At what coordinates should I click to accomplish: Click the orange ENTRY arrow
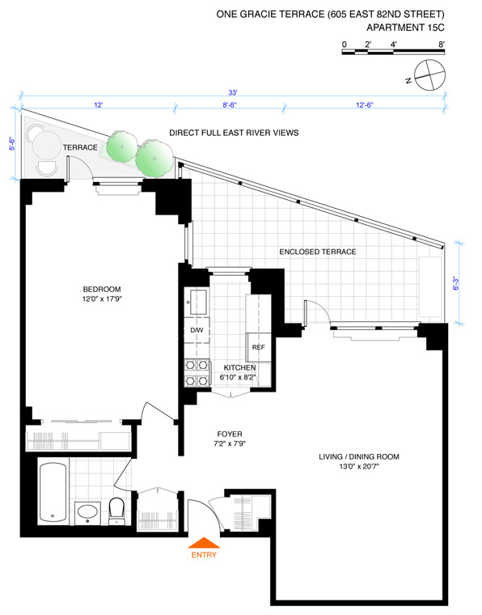204,542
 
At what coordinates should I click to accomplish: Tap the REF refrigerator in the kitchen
258,347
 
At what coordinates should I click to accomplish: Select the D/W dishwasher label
197,330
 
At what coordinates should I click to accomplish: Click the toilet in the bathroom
116,511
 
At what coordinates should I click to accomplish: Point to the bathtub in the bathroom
53,492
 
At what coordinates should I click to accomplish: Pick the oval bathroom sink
88,512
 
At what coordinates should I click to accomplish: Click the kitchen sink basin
199,302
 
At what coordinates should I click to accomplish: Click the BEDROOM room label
102,290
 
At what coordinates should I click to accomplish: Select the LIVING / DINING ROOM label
359,456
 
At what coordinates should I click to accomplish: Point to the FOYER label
230,434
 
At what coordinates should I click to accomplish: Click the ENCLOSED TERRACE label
318,252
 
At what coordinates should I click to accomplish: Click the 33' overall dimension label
233,93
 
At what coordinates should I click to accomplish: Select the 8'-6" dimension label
230,105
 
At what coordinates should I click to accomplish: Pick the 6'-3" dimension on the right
457,283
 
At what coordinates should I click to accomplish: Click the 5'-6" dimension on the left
13,143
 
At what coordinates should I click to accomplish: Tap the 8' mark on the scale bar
442,45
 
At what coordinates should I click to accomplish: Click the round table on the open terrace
46,145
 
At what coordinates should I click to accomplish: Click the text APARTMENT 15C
406,28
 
